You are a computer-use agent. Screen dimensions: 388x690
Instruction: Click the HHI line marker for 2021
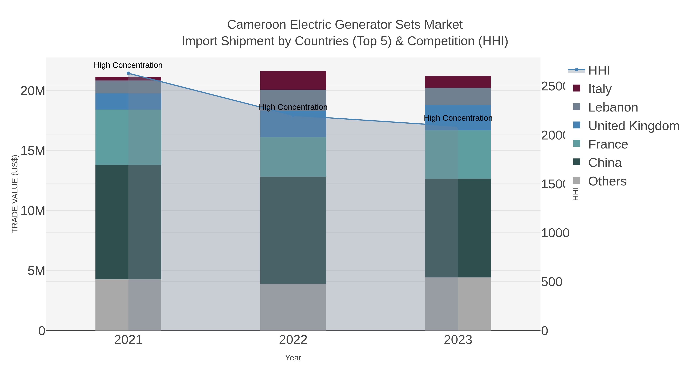tap(128, 73)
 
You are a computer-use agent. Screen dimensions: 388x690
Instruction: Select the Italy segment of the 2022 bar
tap(293, 80)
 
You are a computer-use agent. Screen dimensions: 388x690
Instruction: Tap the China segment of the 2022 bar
tap(293, 230)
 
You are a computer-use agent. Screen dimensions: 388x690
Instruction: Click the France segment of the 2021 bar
tap(128, 137)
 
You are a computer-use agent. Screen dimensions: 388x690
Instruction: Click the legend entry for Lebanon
tap(613, 107)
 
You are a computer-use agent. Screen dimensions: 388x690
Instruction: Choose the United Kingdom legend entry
tap(633, 126)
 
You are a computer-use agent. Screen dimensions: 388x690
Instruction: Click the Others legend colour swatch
tap(577, 180)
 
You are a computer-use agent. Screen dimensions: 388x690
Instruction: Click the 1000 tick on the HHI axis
tap(555, 233)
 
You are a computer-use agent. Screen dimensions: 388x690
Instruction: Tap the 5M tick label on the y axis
tap(36, 271)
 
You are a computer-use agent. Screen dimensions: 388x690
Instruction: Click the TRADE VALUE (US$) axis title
tap(15, 194)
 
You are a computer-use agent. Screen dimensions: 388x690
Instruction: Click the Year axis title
tap(293, 358)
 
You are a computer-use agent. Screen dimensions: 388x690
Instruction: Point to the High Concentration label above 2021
tap(128, 65)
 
